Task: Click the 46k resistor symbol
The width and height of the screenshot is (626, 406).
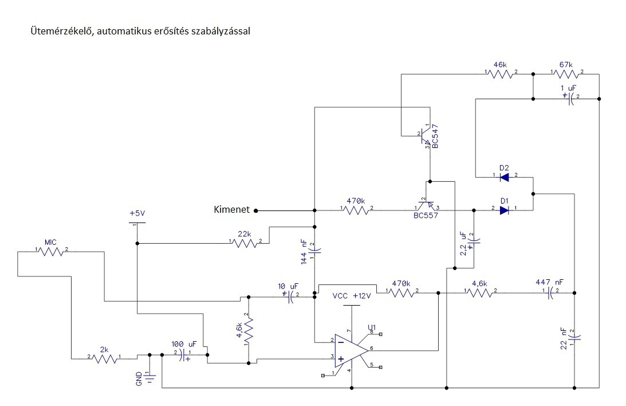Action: (x=501, y=74)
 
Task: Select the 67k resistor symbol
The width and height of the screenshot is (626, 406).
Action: (x=566, y=74)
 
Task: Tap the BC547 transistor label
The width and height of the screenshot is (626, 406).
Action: (x=435, y=136)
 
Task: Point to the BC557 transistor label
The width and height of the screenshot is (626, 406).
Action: (x=426, y=216)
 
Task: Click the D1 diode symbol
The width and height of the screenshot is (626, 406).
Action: (x=505, y=210)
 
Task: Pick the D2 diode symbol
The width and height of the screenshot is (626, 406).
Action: (x=505, y=177)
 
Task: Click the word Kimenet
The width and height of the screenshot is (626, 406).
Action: (x=231, y=209)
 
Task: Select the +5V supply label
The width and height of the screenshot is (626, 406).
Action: (x=137, y=213)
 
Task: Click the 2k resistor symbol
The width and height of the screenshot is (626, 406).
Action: (x=105, y=358)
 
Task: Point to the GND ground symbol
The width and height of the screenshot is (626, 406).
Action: (x=150, y=378)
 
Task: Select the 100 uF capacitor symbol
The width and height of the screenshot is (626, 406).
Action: (x=184, y=355)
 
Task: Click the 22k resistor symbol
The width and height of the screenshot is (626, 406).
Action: (x=245, y=243)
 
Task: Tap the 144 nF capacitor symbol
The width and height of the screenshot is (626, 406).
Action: (x=314, y=252)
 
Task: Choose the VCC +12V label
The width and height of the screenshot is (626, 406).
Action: (x=352, y=296)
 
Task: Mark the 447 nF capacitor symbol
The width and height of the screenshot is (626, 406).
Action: (x=550, y=294)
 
